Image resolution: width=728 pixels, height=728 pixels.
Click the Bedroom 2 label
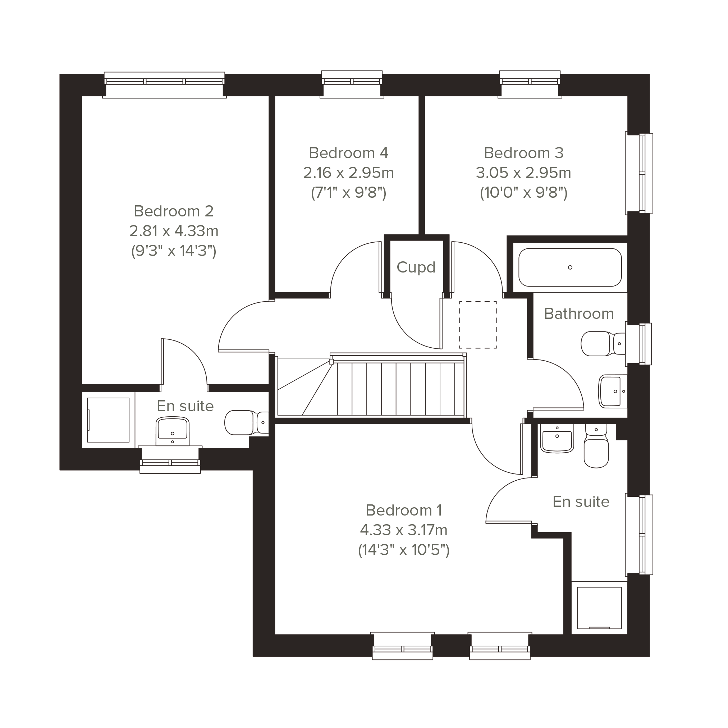click(x=174, y=211)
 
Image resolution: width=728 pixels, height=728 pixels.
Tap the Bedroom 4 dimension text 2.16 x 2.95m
click(x=349, y=173)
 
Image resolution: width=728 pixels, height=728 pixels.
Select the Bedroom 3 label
click(x=523, y=153)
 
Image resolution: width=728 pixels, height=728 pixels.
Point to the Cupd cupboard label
click(x=416, y=267)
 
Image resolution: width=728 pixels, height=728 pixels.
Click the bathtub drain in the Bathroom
click(x=570, y=267)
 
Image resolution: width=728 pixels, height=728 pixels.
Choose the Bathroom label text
click(x=579, y=313)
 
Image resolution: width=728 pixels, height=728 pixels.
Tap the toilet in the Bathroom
click(x=603, y=344)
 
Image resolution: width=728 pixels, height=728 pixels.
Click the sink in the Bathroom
click(x=613, y=391)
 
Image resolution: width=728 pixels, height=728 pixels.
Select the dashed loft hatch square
click(x=478, y=325)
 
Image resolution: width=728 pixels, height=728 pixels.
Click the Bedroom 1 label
click(x=404, y=510)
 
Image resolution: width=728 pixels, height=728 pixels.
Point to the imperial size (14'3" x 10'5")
click(x=404, y=550)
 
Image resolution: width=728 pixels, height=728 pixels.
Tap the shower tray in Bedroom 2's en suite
click(x=109, y=420)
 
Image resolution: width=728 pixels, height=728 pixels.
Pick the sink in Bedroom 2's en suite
click(x=173, y=431)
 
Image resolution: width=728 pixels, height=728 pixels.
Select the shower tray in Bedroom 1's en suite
click(x=599, y=608)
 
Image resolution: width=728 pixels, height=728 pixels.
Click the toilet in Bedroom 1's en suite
click(x=596, y=446)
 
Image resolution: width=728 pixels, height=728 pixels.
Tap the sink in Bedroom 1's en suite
click(x=557, y=438)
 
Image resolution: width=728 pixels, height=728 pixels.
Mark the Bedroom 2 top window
click(x=165, y=85)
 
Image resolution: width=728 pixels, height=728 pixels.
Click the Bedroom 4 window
click(x=352, y=84)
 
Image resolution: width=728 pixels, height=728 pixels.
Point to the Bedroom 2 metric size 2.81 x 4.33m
click(x=174, y=231)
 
